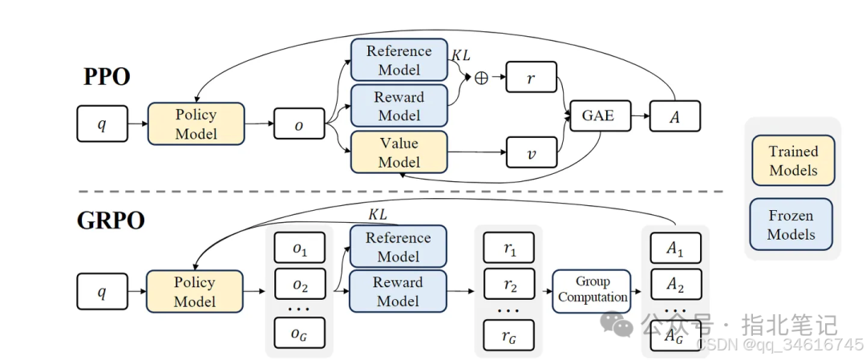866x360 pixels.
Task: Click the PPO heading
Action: [x=107, y=77]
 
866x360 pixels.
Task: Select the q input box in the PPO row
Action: [x=102, y=123]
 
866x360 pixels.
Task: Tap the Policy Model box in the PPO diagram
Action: [x=196, y=123]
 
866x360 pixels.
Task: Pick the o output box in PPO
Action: [x=299, y=123]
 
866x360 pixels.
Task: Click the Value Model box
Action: [x=399, y=152]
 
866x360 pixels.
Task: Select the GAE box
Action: [x=598, y=115]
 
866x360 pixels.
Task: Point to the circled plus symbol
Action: [x=481, y=78]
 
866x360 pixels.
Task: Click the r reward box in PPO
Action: [x=530, y=78]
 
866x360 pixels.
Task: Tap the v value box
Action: [x=530, y=152]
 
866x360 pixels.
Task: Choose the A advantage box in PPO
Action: [x=675, y=115]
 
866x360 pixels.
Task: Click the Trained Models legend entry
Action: [x=793, y=160]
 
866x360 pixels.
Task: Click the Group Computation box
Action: [x=593, y=289]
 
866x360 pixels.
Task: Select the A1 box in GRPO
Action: [x=675, y=249]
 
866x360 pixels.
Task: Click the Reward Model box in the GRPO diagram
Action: [x=398, y=292]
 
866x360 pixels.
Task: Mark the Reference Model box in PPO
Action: [x=399, y=59]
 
